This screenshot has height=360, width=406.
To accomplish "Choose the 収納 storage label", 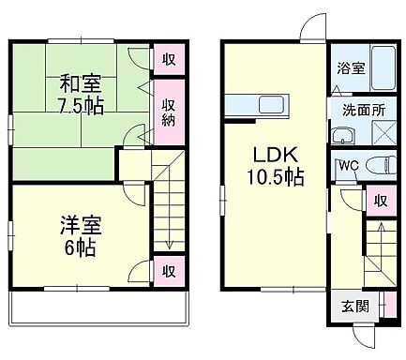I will tap(168, 112).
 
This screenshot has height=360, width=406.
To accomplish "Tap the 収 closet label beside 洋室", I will tap(168, 271).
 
